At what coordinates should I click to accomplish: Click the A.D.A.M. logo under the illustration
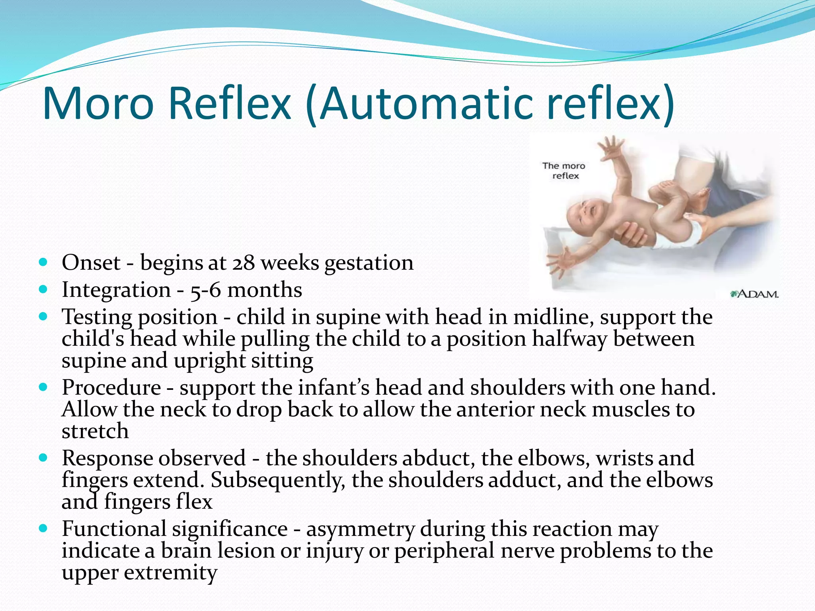click(x=755, y=294)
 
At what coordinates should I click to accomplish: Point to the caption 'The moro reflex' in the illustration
click(x=564, y=171)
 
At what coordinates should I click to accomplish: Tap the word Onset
click(x=91, y=263)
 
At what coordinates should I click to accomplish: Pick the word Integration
click(x=116, y=290)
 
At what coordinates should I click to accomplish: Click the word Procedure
click(x=111, y=387)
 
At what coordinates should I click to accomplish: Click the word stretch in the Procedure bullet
click(x=95, y=431)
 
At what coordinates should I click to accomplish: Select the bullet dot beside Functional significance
click(x=44, y=529)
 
